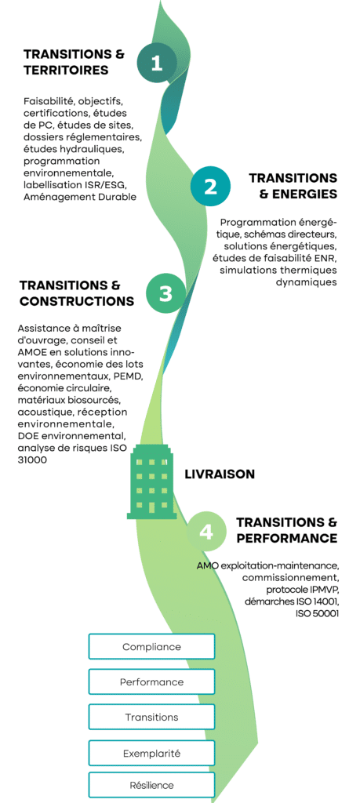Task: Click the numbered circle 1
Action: pos(157,64)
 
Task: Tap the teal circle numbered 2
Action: pos(211,187)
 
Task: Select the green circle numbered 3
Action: pos(165,293)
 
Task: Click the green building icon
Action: pos(152,480)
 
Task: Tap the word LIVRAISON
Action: pos(219,474)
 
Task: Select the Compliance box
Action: pos(151,647)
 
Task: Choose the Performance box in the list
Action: pos(151,682)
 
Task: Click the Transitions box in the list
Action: pos(151,717)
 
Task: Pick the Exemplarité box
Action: pos(151,754)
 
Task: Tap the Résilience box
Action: pos(151,785)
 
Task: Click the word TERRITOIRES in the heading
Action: pos(66,70)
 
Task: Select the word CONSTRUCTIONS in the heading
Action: pos(77,300)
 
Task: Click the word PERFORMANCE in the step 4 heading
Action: pos(286,538)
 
